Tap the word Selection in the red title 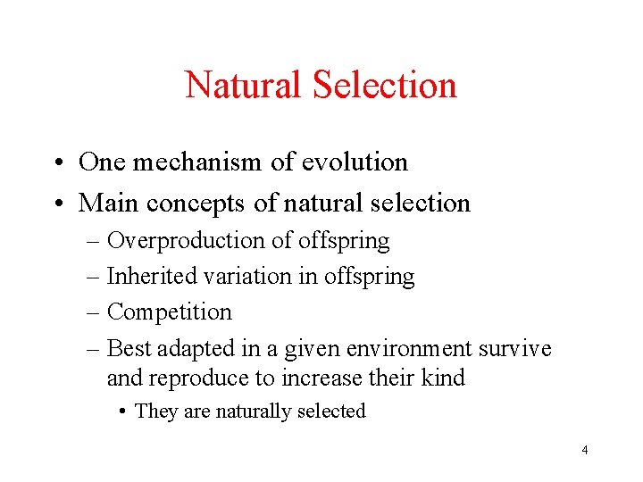pyautogui.click(x=385, y=86)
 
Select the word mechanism pyautogui.click(x=192, y=162)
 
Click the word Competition pyautogui.click(x=169, y=312)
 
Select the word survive pyautogui.click(x=515, y=348)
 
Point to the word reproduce pyautogui.click(x=199, y=378)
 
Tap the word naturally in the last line pyautogui.click(x=252, y=411)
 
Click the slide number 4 pyautogui.click(x=585, y=450)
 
